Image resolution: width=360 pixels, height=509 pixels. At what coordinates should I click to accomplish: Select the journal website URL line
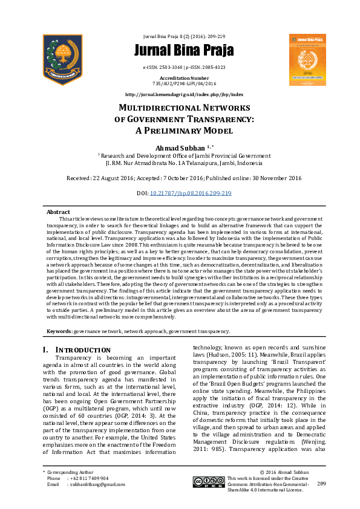point(184,95)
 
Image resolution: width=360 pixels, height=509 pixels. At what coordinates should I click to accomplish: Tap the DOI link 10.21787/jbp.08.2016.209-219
point(191,193)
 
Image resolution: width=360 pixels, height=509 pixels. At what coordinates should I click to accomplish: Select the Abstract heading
point(58,212)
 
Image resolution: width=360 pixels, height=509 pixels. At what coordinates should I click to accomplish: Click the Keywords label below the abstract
point(60,331)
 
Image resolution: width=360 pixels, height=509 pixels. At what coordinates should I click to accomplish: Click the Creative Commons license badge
point(208,481)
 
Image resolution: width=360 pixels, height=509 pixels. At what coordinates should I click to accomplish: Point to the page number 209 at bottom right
point(321,484)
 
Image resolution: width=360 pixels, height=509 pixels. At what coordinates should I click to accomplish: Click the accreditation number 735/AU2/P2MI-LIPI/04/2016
point(184,83)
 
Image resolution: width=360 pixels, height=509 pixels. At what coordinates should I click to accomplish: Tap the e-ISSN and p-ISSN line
point(184,67)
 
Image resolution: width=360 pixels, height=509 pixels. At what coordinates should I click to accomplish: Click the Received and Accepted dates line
point(183,178)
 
